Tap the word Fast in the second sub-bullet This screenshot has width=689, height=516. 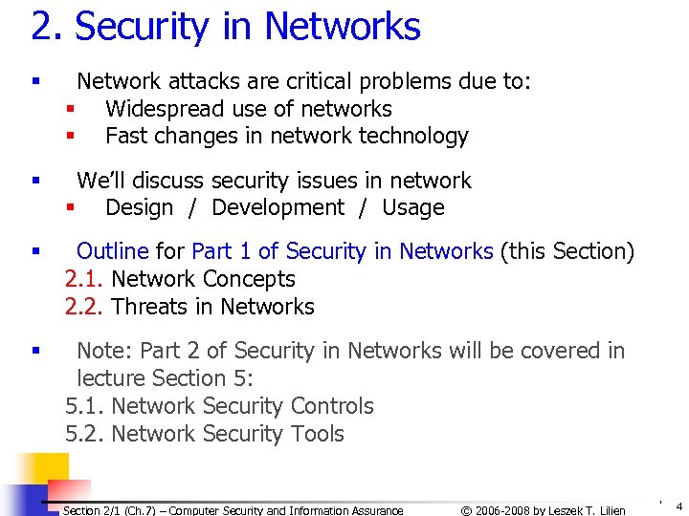pos(124,136)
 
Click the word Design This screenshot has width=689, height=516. pos(140,207)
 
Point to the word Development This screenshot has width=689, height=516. pos(278,207)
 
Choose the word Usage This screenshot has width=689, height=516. pos(413,207)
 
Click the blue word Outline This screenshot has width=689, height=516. pos(112,251)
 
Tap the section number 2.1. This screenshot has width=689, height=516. pos(84,279)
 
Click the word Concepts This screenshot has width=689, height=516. pos(249,279)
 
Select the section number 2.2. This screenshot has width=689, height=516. pos(84,307)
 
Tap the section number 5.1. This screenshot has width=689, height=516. pos(84,406)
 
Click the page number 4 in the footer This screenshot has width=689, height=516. pos(678,505)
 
